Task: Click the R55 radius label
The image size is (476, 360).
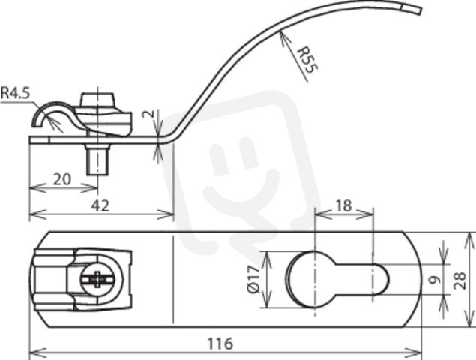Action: pyautogui.click(x=307, y=60)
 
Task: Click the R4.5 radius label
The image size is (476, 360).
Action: pyautogui.click(x=16, y=93)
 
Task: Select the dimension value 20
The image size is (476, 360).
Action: pyautogui.click(x=62, y=179)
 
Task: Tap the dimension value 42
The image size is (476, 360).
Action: pyautogui.click(x=100, y=206)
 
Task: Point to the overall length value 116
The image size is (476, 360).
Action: pyautogui.click(x=220, y=343)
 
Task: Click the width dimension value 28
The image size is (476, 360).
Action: pyautogui.click(x=460, y=280)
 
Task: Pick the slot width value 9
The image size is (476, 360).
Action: pyautogui.click(x=436, y=280)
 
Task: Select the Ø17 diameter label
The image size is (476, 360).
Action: pyautogui.click(x=253, y=279)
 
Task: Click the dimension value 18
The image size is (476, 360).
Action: pyautogui.click(x=343, y=205)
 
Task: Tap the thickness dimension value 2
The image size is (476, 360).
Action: pyautogui.click(x=148, y=115)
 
